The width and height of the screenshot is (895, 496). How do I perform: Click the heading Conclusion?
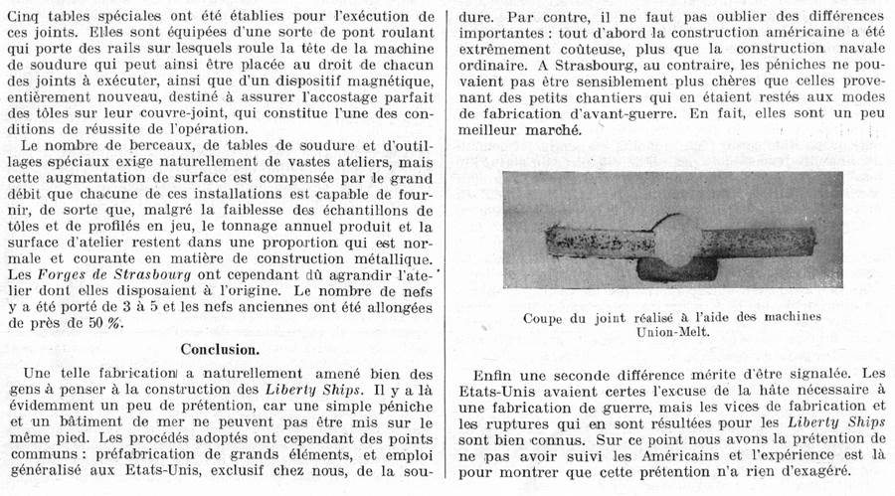tap(221, 349)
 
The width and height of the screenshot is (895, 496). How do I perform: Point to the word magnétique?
tap(384, 78)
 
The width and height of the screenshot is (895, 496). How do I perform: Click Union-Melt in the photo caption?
tap(674, 333)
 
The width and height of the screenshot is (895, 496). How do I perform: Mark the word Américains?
tap(668, 453)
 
